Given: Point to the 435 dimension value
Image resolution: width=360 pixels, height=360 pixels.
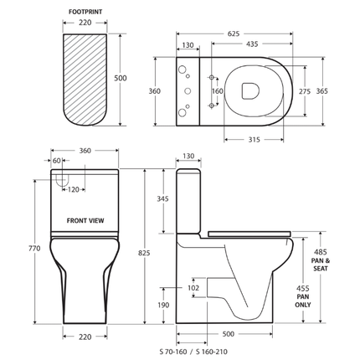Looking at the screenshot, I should pos(250,45).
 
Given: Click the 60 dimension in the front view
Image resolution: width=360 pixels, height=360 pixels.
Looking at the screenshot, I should pos(57,161).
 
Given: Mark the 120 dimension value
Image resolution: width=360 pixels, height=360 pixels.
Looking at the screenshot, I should pos(74,190).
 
